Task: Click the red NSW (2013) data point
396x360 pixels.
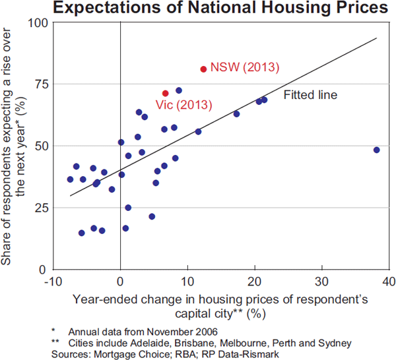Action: (x=203, y=69)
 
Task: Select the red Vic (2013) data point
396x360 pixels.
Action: (x=165, y=94)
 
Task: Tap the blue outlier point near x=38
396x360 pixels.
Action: (x=376, y=150)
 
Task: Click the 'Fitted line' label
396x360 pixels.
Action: (x=310, y=95)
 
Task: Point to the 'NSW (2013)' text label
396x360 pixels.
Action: (x=245, y=68)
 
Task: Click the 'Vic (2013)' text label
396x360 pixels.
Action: (x=183, y=105)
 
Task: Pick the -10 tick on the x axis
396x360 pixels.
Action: (x=52, y=282)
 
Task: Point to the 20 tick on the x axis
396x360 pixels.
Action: (x=254, y=282)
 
